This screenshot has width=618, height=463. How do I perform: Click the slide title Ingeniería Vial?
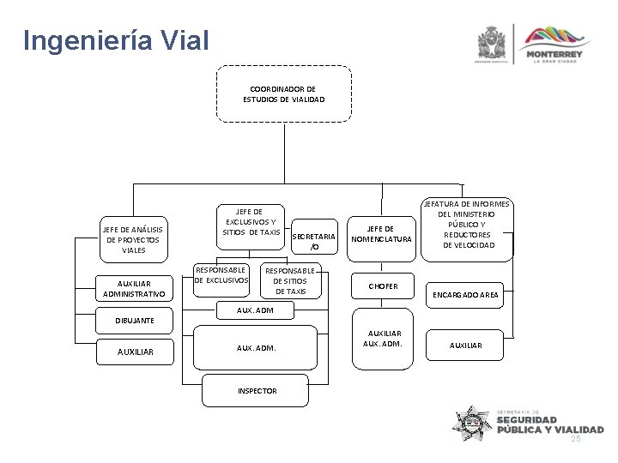[x=115, y=40]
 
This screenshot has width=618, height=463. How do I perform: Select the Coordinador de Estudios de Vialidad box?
[x=282, y=93]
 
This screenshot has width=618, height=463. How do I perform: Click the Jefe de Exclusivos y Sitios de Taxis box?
[x=251, y=221]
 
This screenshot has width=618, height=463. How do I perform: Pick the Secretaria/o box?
[x=313, y=241]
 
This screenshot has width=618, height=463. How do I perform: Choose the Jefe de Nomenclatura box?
[x=381, y=233]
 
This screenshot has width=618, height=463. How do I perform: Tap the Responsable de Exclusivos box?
[x=221, y=274]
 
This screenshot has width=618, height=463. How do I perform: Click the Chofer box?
[x=383, y=286]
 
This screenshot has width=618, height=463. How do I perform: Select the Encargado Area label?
[x=468, y=294]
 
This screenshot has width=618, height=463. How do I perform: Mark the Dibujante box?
[x=136, y=320]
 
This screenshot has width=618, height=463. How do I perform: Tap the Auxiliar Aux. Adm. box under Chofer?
[x=383, y=338]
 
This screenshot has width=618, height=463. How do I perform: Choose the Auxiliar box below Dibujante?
[x=135, y=350]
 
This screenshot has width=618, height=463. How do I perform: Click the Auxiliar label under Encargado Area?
[x=467, y=345]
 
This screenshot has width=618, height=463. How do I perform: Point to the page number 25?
[x=576, y=438]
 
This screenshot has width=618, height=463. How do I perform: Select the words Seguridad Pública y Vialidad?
[x=548, y=424]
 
